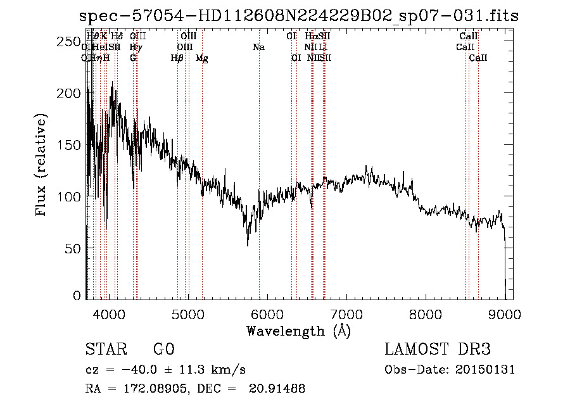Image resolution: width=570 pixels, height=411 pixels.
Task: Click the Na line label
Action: pos(258,47)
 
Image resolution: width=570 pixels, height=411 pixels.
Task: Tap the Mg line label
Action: pos(202,58)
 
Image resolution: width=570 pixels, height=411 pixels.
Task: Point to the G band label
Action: pos(133,58)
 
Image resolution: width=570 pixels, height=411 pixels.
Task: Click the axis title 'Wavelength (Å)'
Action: pos(298,331)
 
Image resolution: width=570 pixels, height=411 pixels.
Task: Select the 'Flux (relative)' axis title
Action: pos(42,166)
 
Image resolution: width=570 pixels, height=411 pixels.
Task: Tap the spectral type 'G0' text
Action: pos(163,350)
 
